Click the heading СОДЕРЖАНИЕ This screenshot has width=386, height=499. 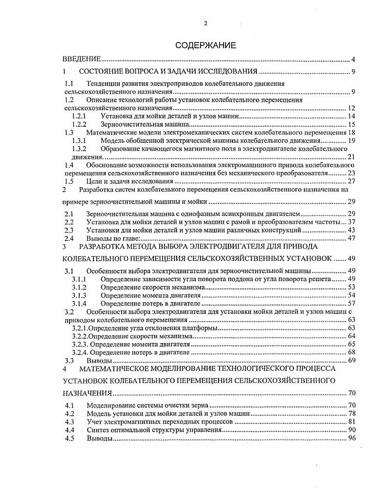(205, 46)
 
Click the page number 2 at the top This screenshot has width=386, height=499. (205, 23)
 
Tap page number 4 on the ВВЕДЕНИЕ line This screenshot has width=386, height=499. (353, 59)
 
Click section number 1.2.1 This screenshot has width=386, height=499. (79, 116)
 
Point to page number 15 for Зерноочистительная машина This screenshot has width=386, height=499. (351, 124)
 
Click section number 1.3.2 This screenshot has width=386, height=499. (79, 149)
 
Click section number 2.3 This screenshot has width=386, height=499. (69, 230)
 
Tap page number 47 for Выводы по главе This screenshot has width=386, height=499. (351, 238)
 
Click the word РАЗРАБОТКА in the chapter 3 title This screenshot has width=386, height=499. (101, 247)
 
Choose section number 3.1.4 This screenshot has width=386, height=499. (79, 304)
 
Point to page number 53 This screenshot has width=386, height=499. (351, 288)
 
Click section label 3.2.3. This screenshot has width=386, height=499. (80, 344)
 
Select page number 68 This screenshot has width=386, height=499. (351, 352)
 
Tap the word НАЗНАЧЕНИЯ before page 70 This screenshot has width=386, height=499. (88, 393)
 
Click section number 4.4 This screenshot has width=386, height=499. (69, 430)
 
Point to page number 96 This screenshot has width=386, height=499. (351, 438)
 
